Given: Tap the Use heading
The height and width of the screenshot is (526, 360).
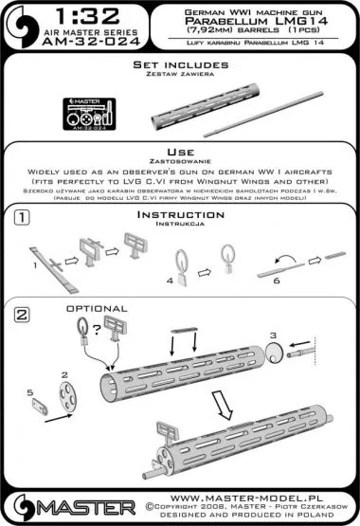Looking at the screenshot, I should pos(179,151).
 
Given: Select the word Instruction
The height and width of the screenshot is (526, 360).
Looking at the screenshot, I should pos(179,216).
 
